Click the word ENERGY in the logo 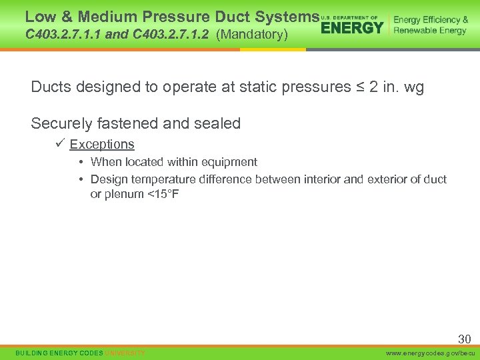[352, 27]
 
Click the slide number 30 [464, 339]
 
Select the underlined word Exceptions [102, 145]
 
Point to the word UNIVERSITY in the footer [125, 352]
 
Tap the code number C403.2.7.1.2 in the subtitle [172, 34]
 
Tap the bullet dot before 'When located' [80, 162]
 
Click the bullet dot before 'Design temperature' [80, 179]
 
